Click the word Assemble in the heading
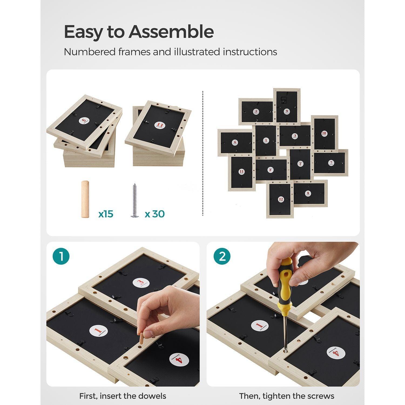171,32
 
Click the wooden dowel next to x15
85,199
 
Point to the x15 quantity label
106,214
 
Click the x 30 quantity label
155,214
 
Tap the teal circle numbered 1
61,256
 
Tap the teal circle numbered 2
222,256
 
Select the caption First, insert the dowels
123,396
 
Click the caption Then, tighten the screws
286,396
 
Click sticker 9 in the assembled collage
287,111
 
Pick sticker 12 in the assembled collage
281,199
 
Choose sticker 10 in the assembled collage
324,133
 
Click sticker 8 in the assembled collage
308,193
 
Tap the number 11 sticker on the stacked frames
160,124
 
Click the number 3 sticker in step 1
141,283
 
